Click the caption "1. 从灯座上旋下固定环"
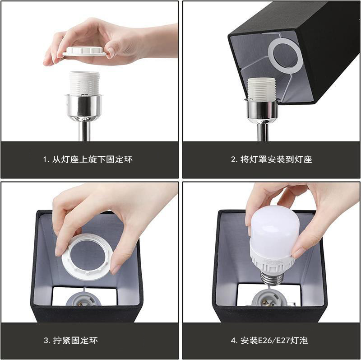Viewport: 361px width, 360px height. [88, 159]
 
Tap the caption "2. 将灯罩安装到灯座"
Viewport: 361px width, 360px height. [271, 159]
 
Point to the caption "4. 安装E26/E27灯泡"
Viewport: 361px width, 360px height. [269, 340]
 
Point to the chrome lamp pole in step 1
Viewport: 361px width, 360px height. [84, 131]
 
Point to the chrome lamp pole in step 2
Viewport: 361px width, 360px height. [263, 132]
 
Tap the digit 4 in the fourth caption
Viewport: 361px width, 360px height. [233, 341]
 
